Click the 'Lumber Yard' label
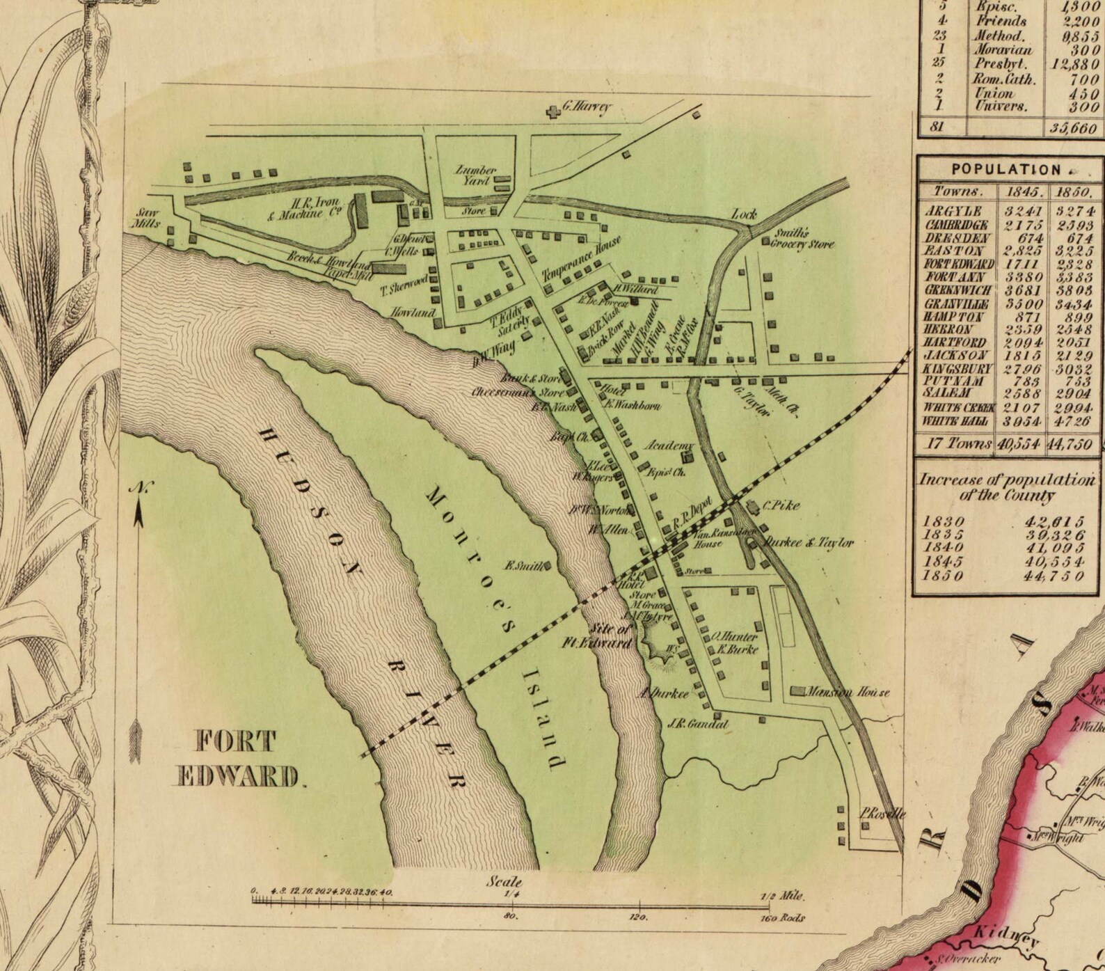(476, 175)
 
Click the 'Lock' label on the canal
(743, 214)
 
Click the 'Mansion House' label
(846, 693)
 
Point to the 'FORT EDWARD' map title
(237, 758)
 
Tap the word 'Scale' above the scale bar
(504, 881)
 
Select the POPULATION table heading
(1006, 169)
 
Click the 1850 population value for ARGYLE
(1074, 211)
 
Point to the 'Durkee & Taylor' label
(809, 542)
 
